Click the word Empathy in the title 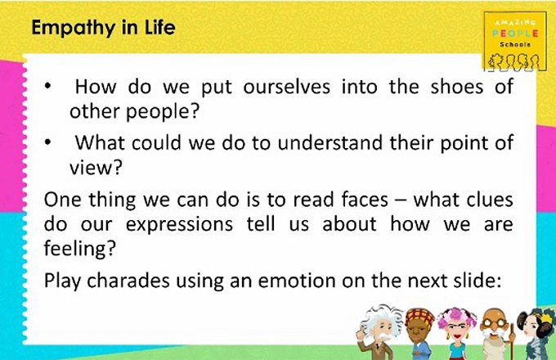74,29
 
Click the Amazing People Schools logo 515,41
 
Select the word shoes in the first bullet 457,87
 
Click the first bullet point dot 48,86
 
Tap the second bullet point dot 48,142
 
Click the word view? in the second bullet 96,167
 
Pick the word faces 365,200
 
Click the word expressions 179,225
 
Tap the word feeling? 80,249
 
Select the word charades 128,281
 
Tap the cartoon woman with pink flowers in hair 457,334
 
